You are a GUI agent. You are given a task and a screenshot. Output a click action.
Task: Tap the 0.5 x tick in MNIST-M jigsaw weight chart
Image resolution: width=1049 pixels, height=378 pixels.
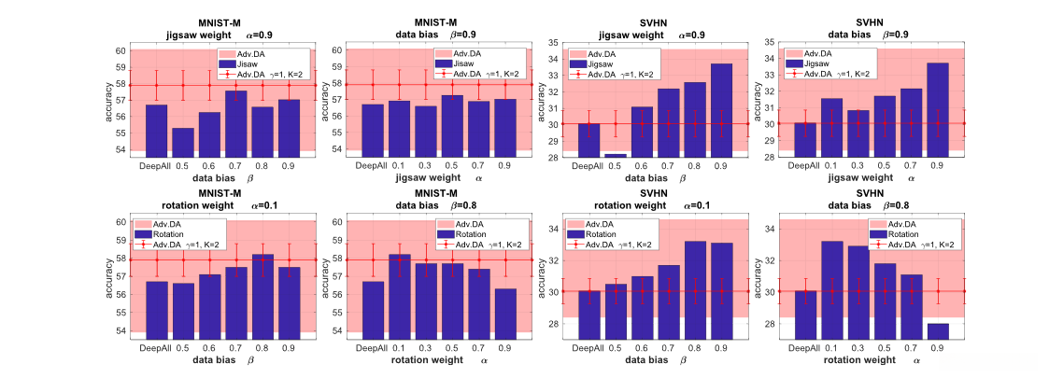pos(183,164)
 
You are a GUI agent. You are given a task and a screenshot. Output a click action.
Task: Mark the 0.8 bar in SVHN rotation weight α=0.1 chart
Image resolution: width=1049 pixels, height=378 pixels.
pos(695,290)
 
